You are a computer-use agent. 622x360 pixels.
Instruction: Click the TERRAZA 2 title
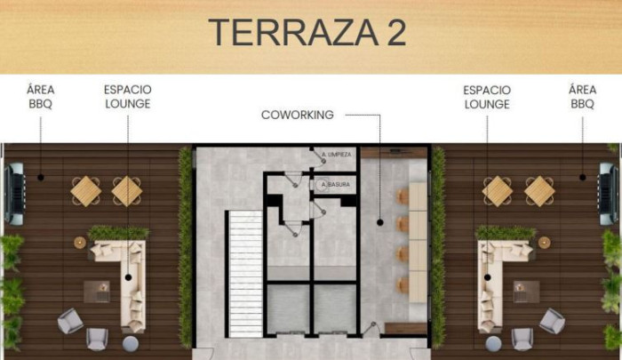coord(307,33)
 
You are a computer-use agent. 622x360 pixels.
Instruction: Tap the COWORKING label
coord(297,115)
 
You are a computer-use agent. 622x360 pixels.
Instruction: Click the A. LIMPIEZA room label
coord(337,155)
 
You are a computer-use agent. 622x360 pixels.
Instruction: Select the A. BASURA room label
coord(336,185)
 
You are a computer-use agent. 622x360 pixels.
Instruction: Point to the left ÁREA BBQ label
coord(41,97)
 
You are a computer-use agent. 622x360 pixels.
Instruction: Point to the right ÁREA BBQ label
coord(582,97)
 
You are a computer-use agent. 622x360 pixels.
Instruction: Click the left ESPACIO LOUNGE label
coord(128,97)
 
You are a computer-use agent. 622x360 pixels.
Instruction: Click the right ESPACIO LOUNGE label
coord(487,97)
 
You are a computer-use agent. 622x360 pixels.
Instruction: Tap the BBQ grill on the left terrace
coord(15,194)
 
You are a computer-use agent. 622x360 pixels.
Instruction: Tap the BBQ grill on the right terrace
coord(608,194)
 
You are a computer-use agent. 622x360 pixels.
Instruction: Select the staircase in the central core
coord(245,274)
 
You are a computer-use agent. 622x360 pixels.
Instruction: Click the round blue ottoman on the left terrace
coord(131,344)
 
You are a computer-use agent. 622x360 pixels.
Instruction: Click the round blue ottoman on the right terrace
coord(493,344)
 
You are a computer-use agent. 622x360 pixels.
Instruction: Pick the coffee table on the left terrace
coord(97,292)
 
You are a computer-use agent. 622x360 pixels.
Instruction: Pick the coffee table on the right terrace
coord(526,292)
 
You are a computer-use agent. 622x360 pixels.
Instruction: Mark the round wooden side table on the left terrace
coord(80,243)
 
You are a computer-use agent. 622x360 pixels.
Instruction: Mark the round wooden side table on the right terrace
coord(544,243)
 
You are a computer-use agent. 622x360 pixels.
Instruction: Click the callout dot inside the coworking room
coord(380,223)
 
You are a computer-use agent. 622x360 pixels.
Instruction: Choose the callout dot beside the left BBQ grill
coord(41,178)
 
